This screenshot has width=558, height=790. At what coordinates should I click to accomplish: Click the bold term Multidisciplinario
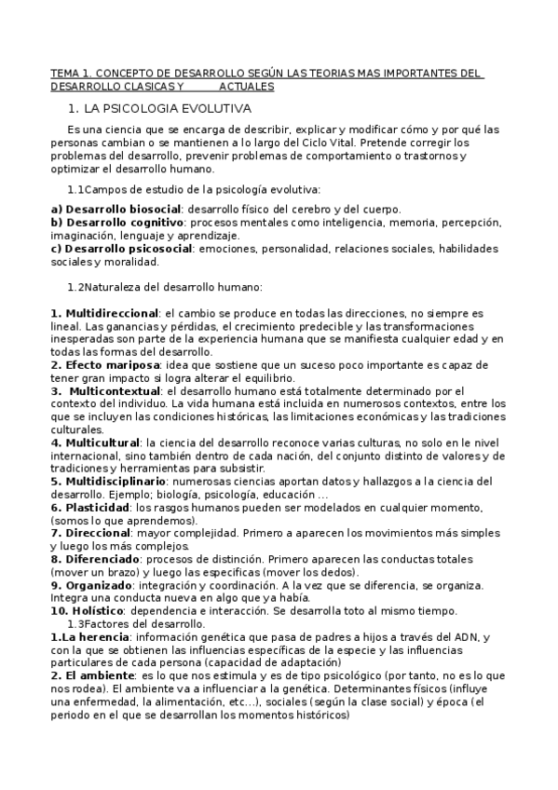(x=115, y=482)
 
